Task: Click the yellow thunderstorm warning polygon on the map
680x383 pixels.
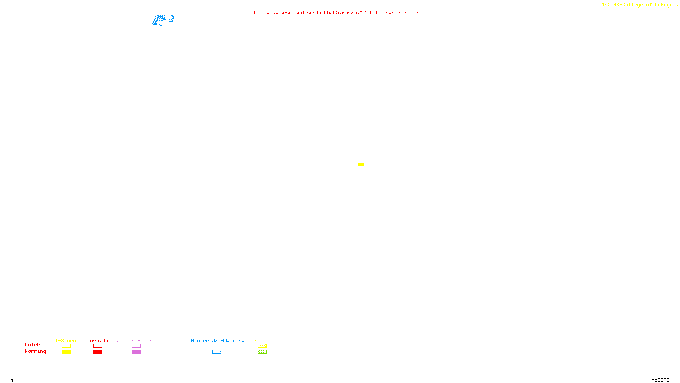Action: click(x=362, y=164)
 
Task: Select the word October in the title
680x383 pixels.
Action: click(x=384, y=13)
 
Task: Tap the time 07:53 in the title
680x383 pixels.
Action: click(x=420, y=13)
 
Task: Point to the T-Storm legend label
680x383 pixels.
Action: click(x=65, y=340)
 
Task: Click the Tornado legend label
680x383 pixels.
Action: click(x=97, y=340)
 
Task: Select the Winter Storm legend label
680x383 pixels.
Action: click(x=134, y=340)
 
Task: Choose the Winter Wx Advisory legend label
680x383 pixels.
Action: click(x=218, y=340)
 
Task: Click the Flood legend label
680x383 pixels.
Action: click(x=262, y=340)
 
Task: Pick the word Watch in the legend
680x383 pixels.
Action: click(x=33, y=345)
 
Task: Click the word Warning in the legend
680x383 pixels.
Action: click(x=35, y=352)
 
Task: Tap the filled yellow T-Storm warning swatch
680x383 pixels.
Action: click(x=66, y=352)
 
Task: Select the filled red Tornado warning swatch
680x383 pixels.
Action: click(x=98, y=352)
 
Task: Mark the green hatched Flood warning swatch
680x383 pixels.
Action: click(x=262, y=352)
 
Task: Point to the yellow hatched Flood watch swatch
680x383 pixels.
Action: click(x=262, y=346)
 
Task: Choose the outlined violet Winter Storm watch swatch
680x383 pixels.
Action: click(x=136, y=346)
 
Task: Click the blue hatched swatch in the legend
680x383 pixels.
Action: click(x=217, y=352)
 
